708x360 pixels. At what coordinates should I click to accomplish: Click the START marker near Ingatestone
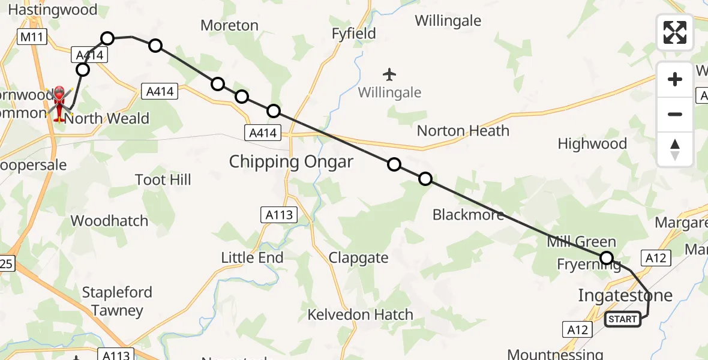[x=622, y=319]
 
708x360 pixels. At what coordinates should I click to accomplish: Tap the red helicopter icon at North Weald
[x=60, y=103]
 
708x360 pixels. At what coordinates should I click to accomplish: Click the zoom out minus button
[x=675, y=114]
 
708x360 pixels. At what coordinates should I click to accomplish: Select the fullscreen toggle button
[x=675, y=32]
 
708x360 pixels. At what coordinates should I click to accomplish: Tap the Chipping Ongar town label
[x=291, y=161]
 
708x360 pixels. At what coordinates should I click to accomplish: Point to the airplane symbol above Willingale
[x=389, y=74]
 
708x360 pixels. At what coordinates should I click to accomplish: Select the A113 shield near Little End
[x=278, y=215]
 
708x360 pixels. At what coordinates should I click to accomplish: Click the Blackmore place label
[x=468, y=214]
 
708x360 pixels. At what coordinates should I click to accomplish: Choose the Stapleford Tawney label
[x=117, y=301]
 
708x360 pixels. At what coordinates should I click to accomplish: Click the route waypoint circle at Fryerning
[x=607, y=259]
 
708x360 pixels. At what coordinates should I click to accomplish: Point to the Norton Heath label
[x=463, y=131]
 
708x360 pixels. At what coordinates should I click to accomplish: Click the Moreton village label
[x=229, y=25]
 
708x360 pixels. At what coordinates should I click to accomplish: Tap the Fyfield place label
[x=354, y=33]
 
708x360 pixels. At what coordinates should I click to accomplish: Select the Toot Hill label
[x=163, y=179]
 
